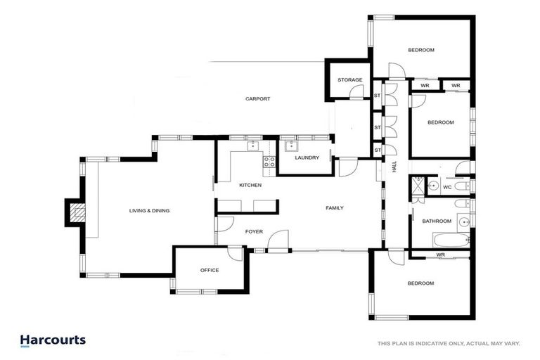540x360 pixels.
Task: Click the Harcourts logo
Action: coord(53,340)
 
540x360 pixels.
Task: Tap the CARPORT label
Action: coord(257,99)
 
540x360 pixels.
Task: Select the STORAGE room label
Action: coord(349,80)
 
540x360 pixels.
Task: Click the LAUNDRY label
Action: coord(307,157)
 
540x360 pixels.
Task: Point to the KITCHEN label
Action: coord(250,185)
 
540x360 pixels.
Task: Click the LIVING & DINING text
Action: coord(149,210)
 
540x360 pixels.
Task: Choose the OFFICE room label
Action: coord(210,270)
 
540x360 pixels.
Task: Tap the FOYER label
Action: coord(254,231)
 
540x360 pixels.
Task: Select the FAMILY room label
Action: coord(334,208)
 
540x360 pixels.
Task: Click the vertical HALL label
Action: coord(394,167)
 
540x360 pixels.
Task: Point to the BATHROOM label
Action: coord(436,221)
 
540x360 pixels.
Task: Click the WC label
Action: coord(446,187)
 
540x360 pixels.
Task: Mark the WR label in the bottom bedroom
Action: coord(440,255)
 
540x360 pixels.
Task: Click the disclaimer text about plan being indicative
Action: coord(449,343)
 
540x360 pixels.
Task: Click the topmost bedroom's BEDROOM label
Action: coord(420,50)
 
